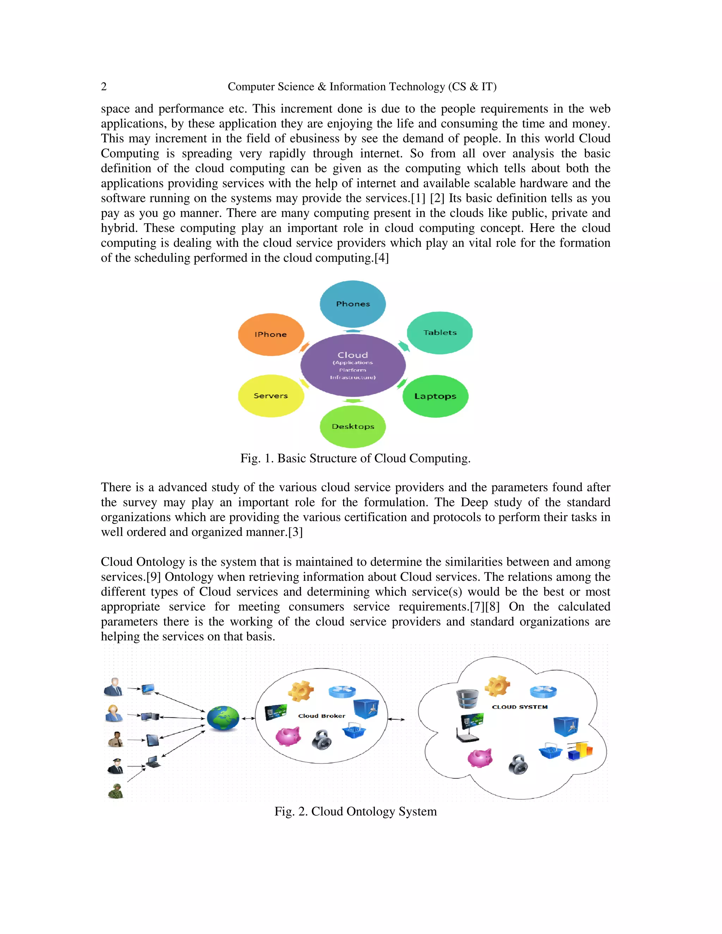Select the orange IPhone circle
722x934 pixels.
coord(271,334)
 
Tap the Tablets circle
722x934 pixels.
coord(440,333)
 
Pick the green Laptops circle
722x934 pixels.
coord(435,396)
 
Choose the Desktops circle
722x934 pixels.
coord(353,426)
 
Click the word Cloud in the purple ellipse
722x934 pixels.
coord(353,355)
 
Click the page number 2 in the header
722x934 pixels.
coord(104,87)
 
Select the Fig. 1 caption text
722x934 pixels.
coord(355,459)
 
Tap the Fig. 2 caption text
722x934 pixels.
coord(355,812)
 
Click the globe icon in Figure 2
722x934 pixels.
coord(223,718)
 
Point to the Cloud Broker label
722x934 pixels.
coord(322,716)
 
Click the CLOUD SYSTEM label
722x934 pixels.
coord(520,707)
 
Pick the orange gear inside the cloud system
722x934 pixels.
coord(497,686)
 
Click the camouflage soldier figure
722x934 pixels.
coord(116,791)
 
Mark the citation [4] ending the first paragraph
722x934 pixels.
coord(381,258)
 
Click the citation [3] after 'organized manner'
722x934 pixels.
coord(295,532)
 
